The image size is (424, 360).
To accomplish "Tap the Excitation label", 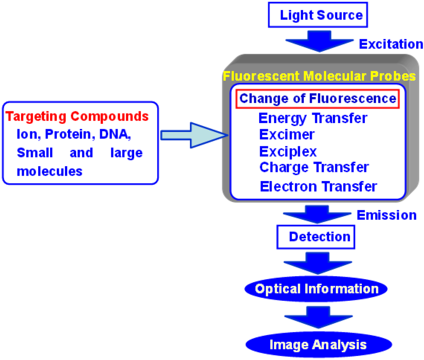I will pyautogui.click(x=391, y=44).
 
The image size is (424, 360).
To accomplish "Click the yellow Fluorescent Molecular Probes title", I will pyautogui.click(x=319, y=76).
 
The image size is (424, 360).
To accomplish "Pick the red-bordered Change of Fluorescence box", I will pyautogui.click(x=318, y=99).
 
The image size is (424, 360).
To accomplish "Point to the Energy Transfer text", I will pyautogui.click(x=313, y=118).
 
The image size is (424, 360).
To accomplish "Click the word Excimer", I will pyautogui.click(x=287, y=135).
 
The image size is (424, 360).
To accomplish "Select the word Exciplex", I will pyautogui.click(x=288, y=151).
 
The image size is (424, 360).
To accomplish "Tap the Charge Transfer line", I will pyautogui.click(x=314, y=167).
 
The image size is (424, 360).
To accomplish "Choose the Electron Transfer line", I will pyautogui.click(x=318, y=186).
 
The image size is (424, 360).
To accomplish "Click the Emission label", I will pyautogui.click(x=386, y=215).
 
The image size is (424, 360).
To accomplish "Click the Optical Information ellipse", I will pyautogui.click(x=317, y=289).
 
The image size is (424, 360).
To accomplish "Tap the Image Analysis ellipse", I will pyautogui.click(x=318, y=344).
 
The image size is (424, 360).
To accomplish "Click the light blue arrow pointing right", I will pyautogui.click(x=194, y=135).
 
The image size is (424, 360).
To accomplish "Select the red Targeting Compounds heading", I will pyautogui.click(x=77, y=116).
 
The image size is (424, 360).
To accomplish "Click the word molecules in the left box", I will pyautogui.click(x=50, y=170).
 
